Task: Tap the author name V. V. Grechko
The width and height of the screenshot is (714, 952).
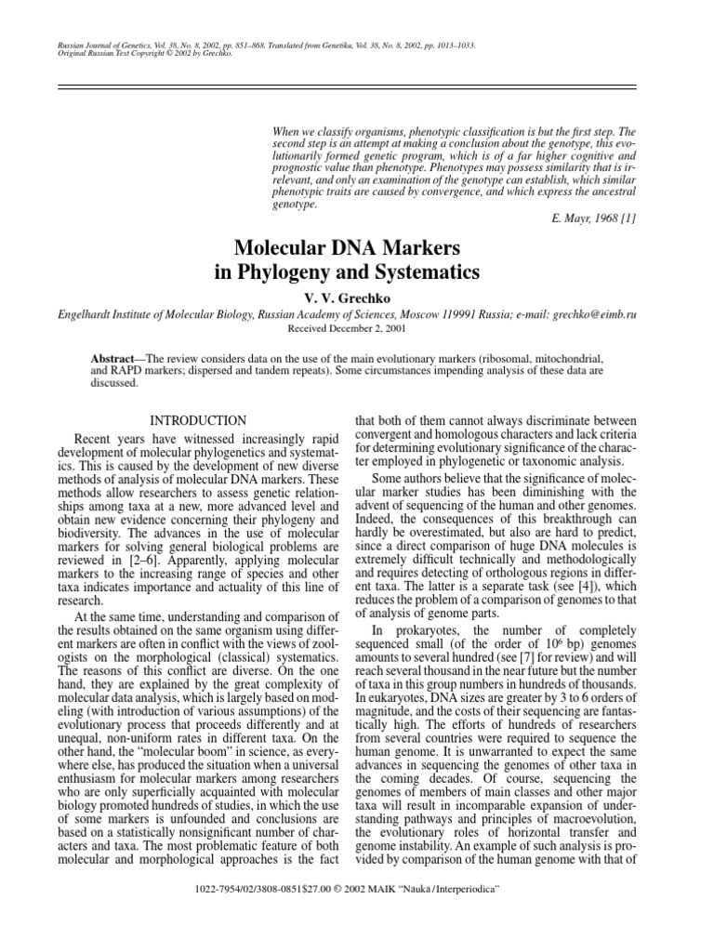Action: (356, 300)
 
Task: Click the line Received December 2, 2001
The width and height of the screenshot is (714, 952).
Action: (356, 329)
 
